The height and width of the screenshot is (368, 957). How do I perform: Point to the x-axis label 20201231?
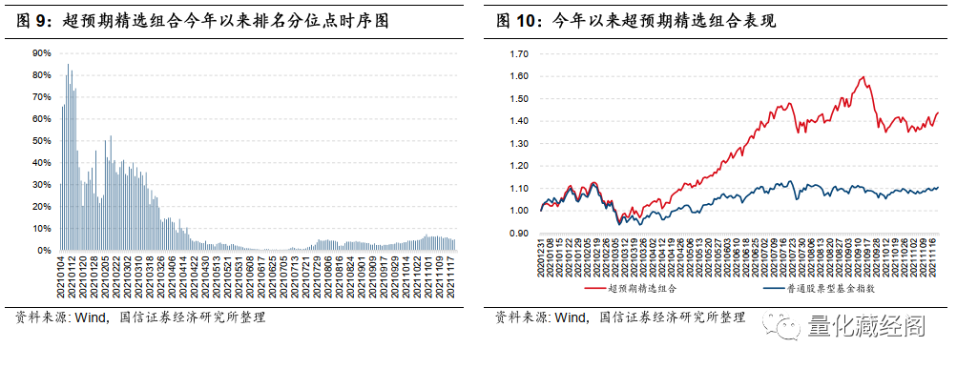540,261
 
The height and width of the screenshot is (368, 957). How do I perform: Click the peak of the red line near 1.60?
863,76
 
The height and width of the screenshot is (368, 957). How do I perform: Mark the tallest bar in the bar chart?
68,64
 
